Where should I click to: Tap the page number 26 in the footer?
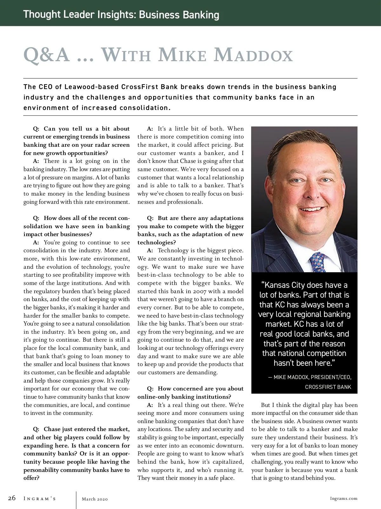pos(12,498)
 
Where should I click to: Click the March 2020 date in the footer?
pos(95,499)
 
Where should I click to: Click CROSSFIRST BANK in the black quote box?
pos(328,387)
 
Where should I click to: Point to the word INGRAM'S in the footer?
pos(40,499)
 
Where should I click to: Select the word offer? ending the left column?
pos(31,478)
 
